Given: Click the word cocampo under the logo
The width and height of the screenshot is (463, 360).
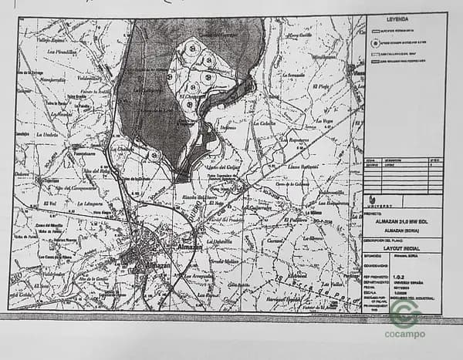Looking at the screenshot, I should [x=404, y=334].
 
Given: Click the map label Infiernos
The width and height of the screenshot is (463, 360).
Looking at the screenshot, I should [x=227, y=127].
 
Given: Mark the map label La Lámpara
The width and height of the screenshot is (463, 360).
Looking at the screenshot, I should [x=92, y=204].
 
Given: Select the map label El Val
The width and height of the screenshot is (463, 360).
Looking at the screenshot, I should [x=52, y=202].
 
